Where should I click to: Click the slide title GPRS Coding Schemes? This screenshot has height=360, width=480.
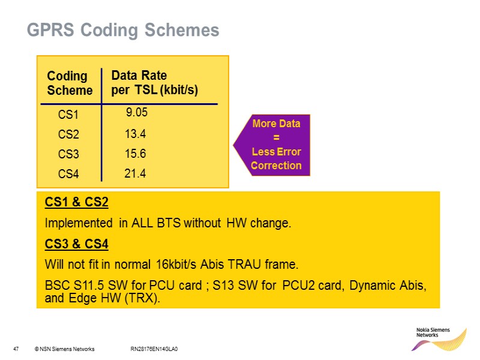click(x=123, y=29)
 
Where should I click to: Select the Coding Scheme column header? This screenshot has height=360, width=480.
click(x=70, y=83)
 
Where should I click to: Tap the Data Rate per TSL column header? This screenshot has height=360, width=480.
click(x=155, y=83)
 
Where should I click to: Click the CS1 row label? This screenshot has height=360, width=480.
click(x=68, y=114)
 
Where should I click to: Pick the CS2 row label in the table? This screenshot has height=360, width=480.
click(x=68, y=134)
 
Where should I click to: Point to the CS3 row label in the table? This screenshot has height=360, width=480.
click(x=68, y=154)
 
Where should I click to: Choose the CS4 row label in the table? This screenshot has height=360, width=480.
click(x=68, y=175)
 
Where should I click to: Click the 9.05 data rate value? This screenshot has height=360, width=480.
click(x=137, y=112)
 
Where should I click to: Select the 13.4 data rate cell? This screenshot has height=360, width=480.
click(x=136, y=134)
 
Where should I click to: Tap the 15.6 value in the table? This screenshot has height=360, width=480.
click(x=136, y=154)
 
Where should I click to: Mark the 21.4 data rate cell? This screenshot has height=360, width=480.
click(x=136, y=173)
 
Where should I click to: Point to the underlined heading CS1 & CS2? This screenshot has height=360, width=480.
click(x=76, y=203)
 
